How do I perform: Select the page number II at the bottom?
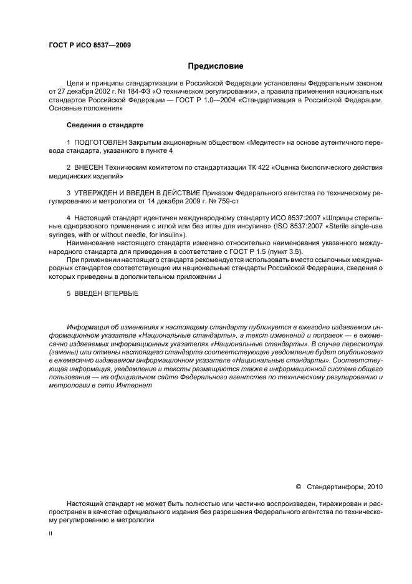pyautogui.click(x=50, y=533)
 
